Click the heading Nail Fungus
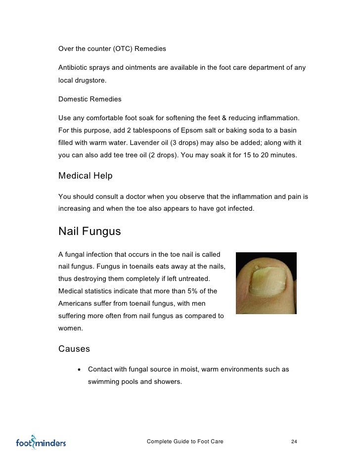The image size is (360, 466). [x=90, y=232]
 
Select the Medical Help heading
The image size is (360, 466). [x=85, y=176]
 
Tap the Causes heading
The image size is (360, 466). [x=74, y=349]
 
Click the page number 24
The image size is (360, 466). [x=294, y=441]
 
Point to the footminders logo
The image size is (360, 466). [x=41, y=442]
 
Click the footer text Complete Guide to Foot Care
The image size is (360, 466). [x=185, y=441]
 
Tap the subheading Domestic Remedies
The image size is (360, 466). [x=90, y=99]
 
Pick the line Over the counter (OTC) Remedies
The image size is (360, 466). [x=112, y=49]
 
